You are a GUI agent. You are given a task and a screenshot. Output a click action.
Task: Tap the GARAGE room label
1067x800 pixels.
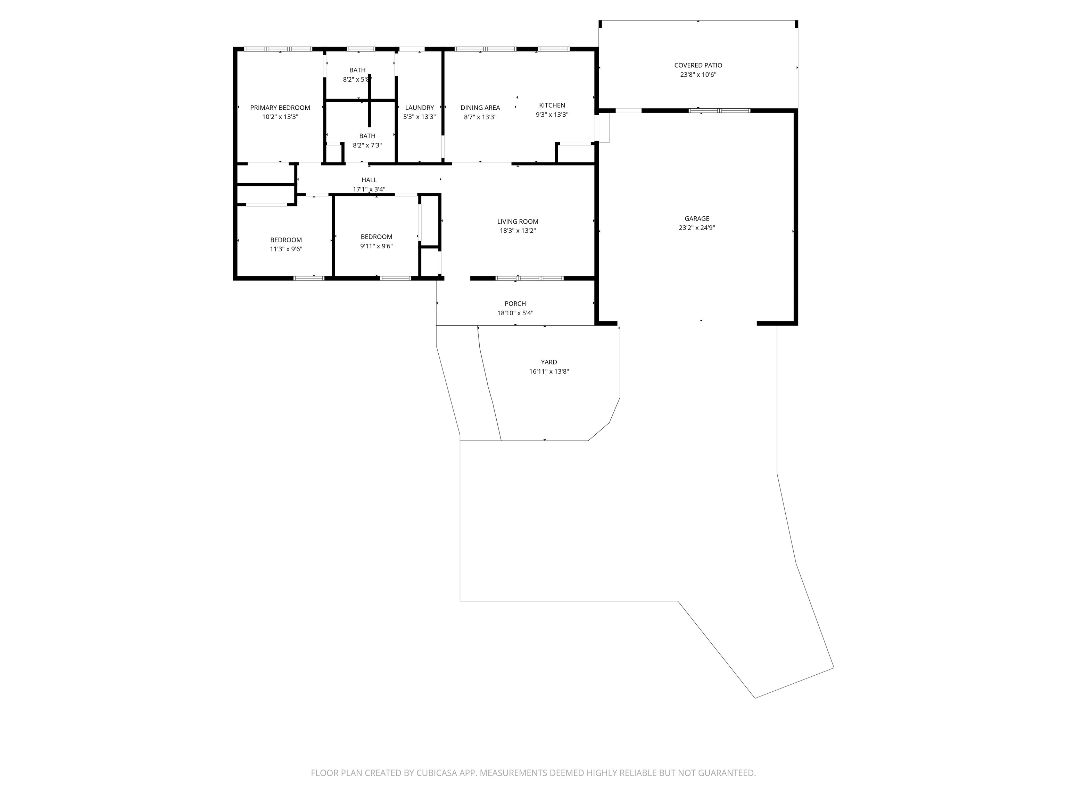click(x=697, y=218)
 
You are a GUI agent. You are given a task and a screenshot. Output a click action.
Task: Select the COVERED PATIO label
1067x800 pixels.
click(x=698, y=65)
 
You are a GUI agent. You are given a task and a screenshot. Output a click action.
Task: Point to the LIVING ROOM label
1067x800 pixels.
click(x=518, y=221)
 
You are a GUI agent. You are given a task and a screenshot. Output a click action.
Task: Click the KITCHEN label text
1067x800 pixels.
click(x=552, y=105)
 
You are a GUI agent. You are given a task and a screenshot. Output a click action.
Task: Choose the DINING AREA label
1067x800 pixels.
click(x=480, y=108)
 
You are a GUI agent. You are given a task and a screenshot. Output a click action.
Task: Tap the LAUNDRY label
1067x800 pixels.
click(x=419, y=108)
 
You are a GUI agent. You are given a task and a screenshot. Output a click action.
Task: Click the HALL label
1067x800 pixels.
click(x=369, y=180)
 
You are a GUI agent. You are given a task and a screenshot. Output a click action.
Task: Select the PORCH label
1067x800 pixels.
click(x=515, y=303)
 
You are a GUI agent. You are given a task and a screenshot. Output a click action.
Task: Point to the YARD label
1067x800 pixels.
click(x=549, y=362)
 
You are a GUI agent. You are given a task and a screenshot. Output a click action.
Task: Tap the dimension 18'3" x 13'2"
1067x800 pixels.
click(x=518, y=231)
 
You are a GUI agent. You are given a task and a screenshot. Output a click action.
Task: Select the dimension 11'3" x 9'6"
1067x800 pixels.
click(x=286, y=249)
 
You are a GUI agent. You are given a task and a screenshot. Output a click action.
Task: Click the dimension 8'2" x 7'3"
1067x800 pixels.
click(x=367, y=145)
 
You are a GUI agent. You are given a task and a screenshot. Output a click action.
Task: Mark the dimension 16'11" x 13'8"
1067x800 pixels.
click(x=549, y=371)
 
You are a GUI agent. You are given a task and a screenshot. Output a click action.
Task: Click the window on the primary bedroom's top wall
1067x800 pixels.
click(x=278, y=49)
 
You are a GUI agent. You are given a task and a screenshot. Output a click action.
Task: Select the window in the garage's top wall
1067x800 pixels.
click(x=719, y=110)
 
